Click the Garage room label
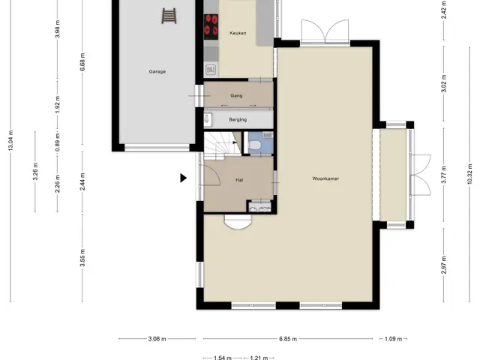tap(157, 72)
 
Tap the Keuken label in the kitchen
tap(238, 33)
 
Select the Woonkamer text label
tap(325, 178)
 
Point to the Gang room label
tap(236, 96)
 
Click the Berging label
tap(238, 120)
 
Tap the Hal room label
tap(239, 180)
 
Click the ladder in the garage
tap(169, 16)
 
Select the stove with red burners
tap(211, 27)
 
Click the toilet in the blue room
tap(254, 145)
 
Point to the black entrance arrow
tap(183, 178)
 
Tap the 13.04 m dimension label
tap(10, 140)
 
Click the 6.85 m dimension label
tap(288, 339)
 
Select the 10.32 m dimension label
tap(469, 173)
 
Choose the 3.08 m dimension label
tap(157, 339)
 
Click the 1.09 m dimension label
tap(393, 339)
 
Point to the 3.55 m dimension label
tap(82, 258)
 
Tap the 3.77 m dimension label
tap(444, 174)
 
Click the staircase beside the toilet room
tap(222, 145)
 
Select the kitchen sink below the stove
tap(211, 70)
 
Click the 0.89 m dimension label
tap(57, 142)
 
